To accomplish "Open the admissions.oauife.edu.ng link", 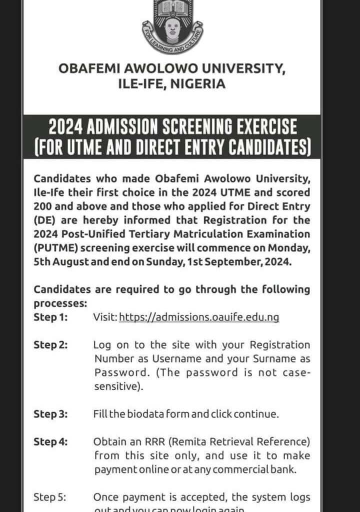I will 199,317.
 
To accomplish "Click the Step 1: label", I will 50,317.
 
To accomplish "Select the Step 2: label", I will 50,344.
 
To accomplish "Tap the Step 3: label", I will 50,414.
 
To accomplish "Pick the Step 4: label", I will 50,441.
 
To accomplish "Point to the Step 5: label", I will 50,497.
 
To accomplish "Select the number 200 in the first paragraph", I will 43,206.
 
